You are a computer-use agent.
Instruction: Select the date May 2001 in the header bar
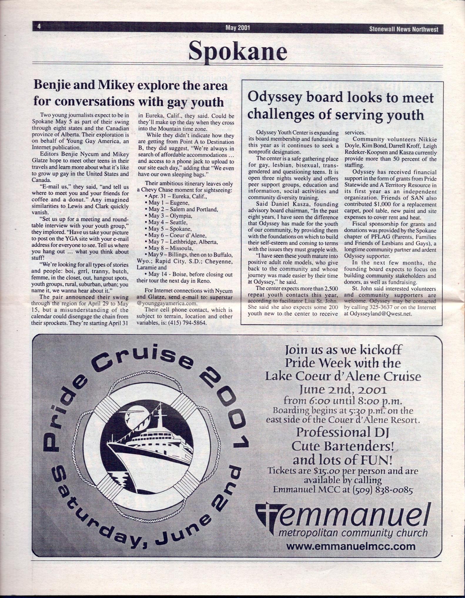(x=237, y=28)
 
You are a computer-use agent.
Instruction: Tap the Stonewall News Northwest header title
(x=404, y=29)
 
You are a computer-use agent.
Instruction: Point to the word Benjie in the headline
(x=53, y=86)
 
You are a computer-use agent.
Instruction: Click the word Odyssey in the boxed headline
(x=272, y=97)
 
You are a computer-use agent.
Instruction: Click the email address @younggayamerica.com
(x=167, y=303)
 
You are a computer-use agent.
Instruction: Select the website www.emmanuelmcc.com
(x=351, y=546)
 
